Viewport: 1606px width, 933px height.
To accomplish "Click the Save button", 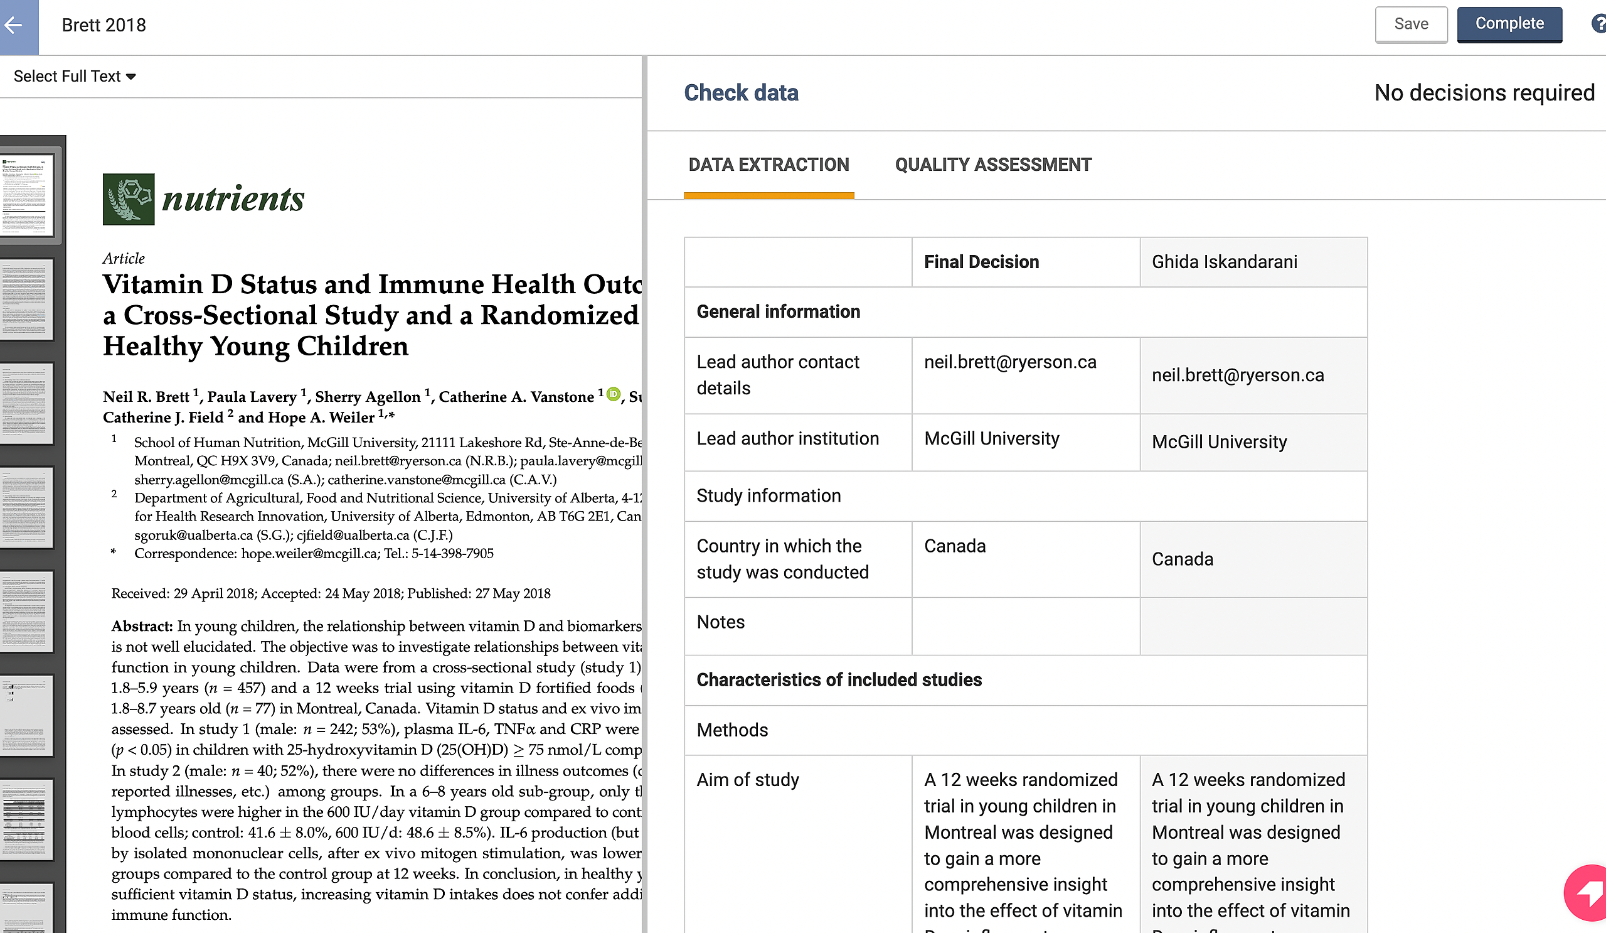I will (x=1410, y=24).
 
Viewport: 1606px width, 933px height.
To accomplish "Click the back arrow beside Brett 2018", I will (x=14, y=26).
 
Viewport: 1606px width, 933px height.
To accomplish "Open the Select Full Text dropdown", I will (x=75, y=77).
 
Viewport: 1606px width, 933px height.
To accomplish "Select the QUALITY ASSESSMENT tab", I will (x=992, y=165).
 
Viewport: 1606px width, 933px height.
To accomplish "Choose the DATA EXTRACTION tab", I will (x=768, y=165).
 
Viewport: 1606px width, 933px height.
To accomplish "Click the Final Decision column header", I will (x=981, y=262).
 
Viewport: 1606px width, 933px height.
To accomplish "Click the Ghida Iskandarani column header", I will (x=1223, y=262).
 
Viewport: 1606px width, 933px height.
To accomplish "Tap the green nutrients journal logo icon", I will (x=128, y=200).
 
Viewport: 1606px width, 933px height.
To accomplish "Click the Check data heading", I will (x=740, y=93).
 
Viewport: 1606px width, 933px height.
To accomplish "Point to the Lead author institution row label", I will (x=787, y=439).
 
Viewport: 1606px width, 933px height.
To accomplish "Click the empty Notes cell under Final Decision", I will (x=1025, y=625).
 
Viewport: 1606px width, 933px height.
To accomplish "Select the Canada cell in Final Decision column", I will (x=955, y=546).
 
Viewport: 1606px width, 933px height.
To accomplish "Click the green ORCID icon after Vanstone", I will (x=612, y=394).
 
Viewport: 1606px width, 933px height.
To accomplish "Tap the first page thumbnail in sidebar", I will (x=27, y=195).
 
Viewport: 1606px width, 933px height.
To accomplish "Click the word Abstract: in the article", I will (x=142, y=626).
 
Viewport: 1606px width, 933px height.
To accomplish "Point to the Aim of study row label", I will (x=747, y=780).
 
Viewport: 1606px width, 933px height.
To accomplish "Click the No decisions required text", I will (x=1484, y=93).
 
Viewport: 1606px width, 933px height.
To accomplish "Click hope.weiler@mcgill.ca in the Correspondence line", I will (x=309, y=554).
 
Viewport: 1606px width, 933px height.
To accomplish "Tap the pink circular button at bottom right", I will (x=1588, y=893).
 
